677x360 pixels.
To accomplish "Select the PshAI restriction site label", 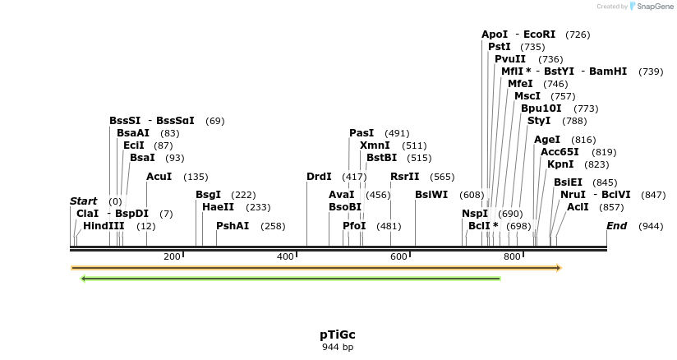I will click(233, 226).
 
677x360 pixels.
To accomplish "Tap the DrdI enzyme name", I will click(319, 177).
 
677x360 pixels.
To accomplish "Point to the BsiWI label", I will click(431, 195).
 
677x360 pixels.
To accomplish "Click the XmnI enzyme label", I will click(375, 145).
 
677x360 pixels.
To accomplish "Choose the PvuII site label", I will click(510, 59).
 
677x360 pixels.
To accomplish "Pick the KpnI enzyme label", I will click(560, 164).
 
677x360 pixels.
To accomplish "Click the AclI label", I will click(578, 207).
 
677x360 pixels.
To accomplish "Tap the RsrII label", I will click(404, 177).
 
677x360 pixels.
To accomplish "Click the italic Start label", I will click(83, 201).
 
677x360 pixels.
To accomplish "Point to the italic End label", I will click(616, 226).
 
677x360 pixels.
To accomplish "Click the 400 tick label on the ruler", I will click(285, 257).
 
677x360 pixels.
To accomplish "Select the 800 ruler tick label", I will click(512, 257).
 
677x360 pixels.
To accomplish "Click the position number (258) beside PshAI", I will click(273, 226).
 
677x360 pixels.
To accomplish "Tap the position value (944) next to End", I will click(651, 226).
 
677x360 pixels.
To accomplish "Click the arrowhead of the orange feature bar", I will click(558, 268).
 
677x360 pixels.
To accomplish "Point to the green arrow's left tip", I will click(82, 279).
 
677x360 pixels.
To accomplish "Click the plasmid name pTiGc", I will click(338, 335).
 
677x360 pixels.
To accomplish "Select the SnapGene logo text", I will click(654, 7).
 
